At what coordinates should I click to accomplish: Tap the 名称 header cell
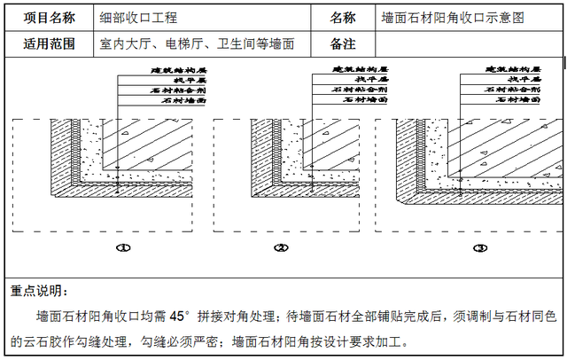[x=343, y=18]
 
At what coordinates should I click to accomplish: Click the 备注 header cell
[x=343, y=43]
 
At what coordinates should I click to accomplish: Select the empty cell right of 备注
[x=470, y=43]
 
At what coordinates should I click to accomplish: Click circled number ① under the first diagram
[x=124, y=248]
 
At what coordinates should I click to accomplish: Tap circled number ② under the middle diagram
[x=281, y=248]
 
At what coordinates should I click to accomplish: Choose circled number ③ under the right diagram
[x=480, y=248]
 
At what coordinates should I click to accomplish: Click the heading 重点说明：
[x=38, y=291]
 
